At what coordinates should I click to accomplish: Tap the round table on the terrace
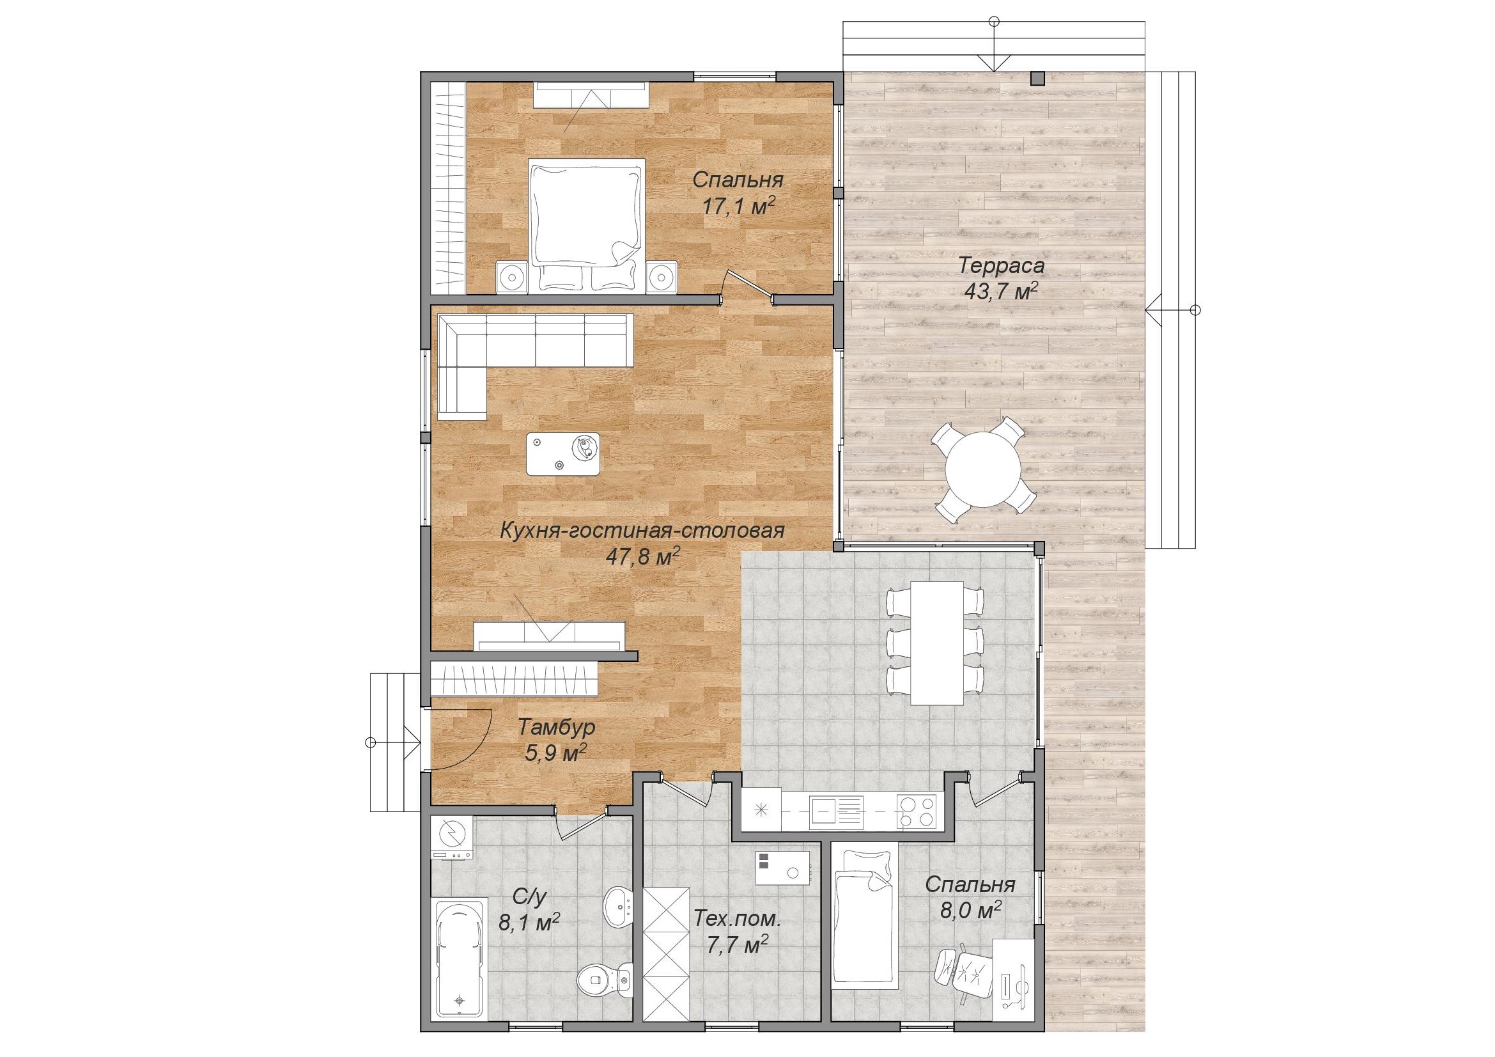[x=982, y=468]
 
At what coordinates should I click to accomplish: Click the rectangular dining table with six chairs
[x=936, y=642]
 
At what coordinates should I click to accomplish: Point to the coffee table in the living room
[x=563, y=453]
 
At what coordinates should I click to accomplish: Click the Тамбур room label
[x=557, y=726]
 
